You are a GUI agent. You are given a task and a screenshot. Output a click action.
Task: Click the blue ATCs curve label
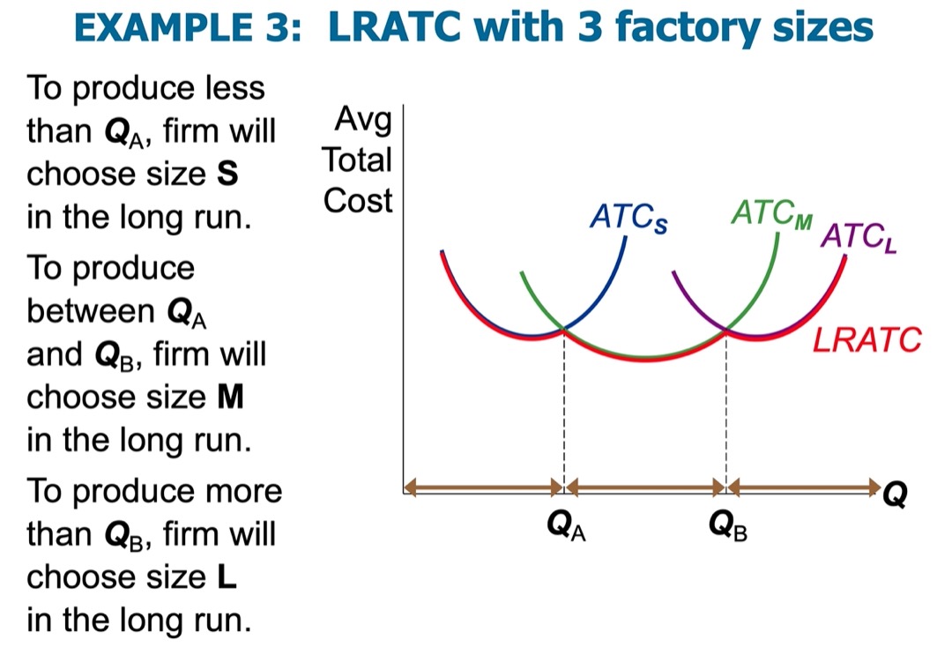tap(628, 218)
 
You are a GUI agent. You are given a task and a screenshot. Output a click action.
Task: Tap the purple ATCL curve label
tap(859, 237)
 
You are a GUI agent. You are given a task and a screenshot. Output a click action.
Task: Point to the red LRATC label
tap(867, 340)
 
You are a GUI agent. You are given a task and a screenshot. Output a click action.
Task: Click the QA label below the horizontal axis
tap(566, 525)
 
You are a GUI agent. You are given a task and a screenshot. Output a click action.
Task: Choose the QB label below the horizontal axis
tap(727, 525)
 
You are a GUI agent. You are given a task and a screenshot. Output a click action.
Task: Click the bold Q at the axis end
tap(895, 494)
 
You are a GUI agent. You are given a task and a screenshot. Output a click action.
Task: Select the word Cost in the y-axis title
tap(358, 200)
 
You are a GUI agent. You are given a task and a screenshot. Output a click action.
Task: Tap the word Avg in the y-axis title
tap(363, 120)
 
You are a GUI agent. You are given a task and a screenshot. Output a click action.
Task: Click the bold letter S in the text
tap(227, 174)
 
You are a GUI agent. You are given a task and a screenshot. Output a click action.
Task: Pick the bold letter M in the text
tap(231, 397)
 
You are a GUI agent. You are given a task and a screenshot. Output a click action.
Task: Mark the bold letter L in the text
tap(227, 576)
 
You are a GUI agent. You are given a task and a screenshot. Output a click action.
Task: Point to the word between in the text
tap(91, 311)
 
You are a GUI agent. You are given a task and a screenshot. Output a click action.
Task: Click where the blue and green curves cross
tap(564, 330)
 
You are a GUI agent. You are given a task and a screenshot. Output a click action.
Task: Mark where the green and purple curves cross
tap(726, 331)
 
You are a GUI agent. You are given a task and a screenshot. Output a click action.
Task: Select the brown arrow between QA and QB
tap(644, 487)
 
